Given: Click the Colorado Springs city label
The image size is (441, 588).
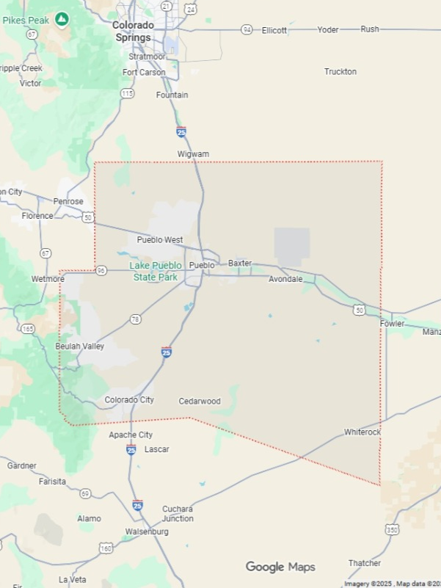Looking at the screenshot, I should [132, 31].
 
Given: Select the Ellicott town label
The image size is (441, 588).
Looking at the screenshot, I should [274, 30].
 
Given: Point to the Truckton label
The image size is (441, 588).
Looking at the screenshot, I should [340, 72].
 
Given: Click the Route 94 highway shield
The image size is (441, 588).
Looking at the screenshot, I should [247, 29].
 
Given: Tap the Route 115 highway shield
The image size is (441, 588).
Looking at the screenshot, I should [128, 93].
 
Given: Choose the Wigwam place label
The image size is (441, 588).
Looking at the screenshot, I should [193, 154].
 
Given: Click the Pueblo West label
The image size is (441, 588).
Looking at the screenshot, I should [160, 240].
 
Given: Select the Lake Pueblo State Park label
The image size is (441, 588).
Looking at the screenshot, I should [155, 272].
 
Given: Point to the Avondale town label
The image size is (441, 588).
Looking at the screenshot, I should [285, 280].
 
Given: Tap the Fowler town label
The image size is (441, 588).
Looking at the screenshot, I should [392, 324].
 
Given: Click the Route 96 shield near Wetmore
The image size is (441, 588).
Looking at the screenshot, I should [101, 271].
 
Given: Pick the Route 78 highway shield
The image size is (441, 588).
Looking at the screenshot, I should [135, 319].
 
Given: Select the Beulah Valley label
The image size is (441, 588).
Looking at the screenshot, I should [80, 346].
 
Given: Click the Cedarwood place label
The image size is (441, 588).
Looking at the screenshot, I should [200, 402].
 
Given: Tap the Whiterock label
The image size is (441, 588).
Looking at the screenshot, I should [362, 432].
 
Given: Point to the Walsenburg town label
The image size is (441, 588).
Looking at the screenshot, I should [147, 531].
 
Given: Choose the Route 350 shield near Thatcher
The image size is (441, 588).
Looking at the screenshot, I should [392, 529].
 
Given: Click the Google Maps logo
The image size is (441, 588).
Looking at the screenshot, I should [280, 567].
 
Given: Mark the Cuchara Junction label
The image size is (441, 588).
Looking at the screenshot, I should [178, 514].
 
